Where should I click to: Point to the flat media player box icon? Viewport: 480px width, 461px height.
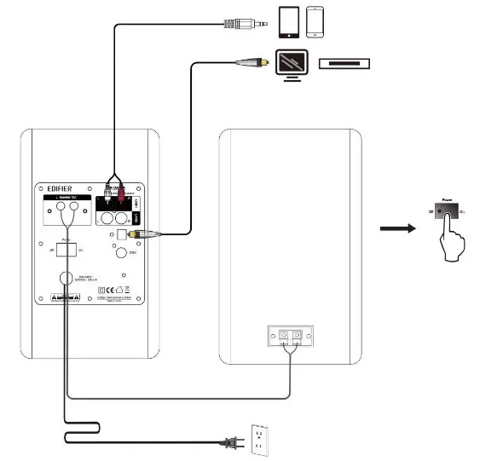coord(345,63)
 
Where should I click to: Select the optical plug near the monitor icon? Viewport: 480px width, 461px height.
coord(254,61)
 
